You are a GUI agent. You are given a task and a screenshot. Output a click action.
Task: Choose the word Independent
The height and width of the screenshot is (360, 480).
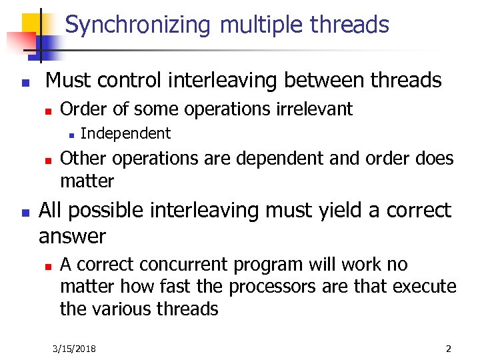125,133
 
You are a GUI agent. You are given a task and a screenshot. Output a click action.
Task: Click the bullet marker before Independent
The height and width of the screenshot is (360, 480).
71,135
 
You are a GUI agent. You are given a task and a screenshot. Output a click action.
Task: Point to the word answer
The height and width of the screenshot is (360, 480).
72,236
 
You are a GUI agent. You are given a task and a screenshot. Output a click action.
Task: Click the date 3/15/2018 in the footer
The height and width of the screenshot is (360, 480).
75,349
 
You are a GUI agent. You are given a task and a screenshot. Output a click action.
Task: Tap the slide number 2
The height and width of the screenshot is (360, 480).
449,349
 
